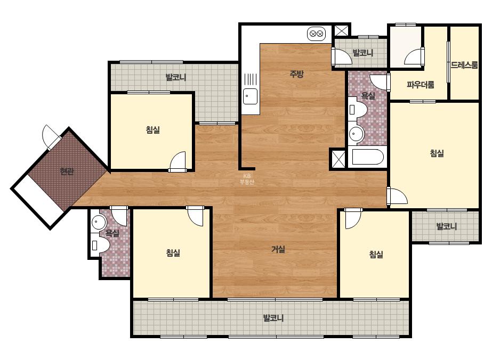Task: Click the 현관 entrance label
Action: click(67, 171)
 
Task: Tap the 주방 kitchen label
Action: click(296, 74)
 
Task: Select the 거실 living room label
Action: click(278, 249)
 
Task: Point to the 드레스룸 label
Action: click(464, 65)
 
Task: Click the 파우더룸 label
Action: click(421, 85)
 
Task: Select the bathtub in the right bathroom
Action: click(367, 157)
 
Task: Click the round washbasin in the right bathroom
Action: click(356, 134)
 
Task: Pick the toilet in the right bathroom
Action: click(358, 109)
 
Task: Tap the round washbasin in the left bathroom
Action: click(99, 222)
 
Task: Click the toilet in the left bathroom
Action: click(100, 244)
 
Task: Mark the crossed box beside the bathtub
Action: click(338, 159)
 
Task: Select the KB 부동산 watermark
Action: click(247, 179)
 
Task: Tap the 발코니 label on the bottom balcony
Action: click(273, 318)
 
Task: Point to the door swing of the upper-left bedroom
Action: click(178, 162)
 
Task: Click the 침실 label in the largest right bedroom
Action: click(437, 153)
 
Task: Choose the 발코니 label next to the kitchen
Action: click(362, 53)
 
